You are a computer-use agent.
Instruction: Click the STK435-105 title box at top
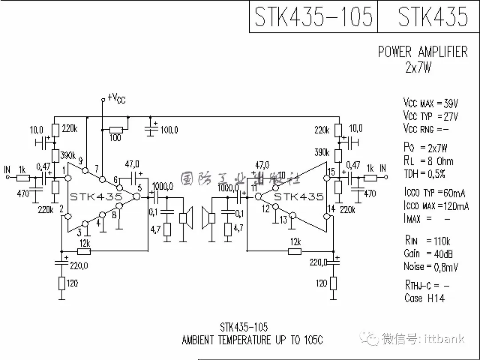(313, 17)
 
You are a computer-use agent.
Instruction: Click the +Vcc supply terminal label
(116, 99)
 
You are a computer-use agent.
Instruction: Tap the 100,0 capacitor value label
(169, 130)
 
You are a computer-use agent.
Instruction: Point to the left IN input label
(7, 170)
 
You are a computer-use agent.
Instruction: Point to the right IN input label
(383, 168)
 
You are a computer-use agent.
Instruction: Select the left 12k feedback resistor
(84, 252)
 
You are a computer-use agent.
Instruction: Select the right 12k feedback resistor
(294, 252)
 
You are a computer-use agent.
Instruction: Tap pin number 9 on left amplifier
(80, 161)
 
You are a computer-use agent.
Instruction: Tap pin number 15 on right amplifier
(331, 172)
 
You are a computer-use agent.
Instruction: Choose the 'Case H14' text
(424, 298)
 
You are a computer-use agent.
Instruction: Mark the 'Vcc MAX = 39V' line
(430, 104)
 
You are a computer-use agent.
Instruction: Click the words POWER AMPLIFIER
(423, 52)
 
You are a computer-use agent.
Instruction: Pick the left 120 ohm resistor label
(72, 283)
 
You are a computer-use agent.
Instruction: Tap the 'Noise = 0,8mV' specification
(431, 267)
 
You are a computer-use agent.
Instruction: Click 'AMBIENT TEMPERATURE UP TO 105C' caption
(252, 340)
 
